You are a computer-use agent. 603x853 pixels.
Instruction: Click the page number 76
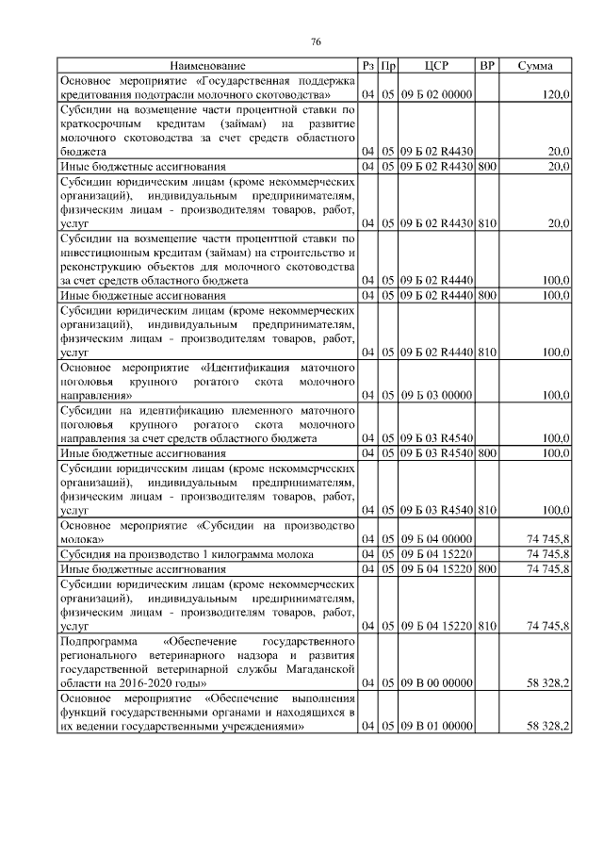pyautogui.click(x=316, y=41)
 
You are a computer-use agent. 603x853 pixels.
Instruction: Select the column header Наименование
pyautogui.click(x=207, y=66)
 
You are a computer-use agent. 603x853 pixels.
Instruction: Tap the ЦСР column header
pyautogui.click(x=435, y=66)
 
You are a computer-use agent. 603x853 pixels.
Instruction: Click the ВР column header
pyautogui.click(x=487, y=66)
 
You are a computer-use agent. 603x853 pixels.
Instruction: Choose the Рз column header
pyautogui.click(x=369, y=66)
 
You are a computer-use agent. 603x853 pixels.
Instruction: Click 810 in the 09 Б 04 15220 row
pyautogui.click(x=487, y=624)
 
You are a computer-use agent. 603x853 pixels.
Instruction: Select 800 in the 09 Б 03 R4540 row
pyautogui.click(x=487, y=452)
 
